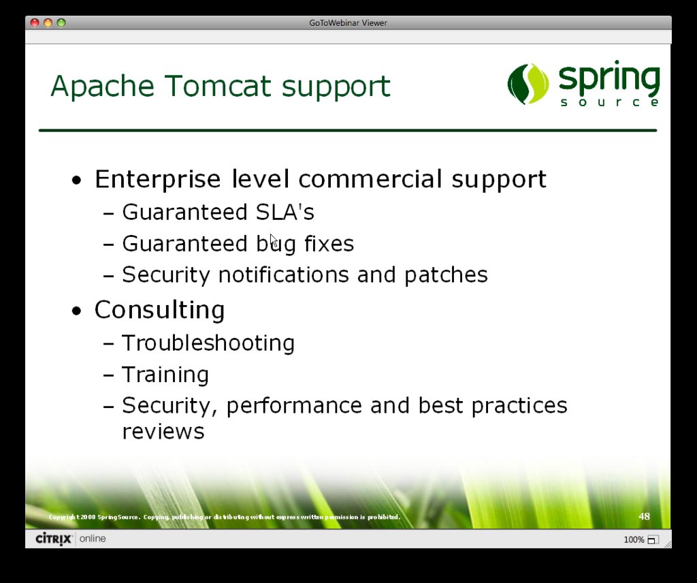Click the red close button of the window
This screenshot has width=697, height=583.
(x=35, y=22)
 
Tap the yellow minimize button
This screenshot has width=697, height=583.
(x=48, y=22)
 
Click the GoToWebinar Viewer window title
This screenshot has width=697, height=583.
(x=348, y=23)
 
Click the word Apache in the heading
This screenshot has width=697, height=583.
(x=103, y=86)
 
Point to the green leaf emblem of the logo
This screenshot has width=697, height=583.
(x=528, y=84)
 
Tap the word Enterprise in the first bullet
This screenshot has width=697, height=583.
(x=158, y=179)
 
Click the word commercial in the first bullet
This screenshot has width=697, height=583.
(x=370, y=178)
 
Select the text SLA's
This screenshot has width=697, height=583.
(x=285, y=212)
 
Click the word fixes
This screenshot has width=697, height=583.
(x=329, y=243)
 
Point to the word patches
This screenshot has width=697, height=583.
(x=446, y=276)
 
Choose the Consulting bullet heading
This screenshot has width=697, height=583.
(x=159, y=311)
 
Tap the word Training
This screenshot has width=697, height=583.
(x=165, y=375)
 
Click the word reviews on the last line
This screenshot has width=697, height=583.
(x=163, y=431)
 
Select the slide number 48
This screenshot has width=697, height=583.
(x=644, y=516)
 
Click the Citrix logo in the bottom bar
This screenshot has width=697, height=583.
(x=54, y=539)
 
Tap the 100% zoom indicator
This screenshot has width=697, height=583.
(x=634, y=540)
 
